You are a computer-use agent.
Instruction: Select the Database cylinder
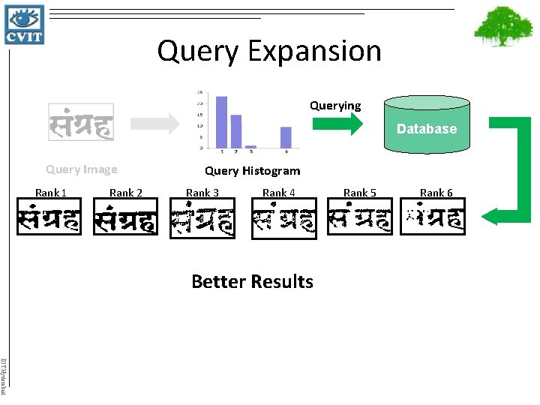(x=426, y=124)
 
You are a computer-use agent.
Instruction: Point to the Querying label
(x=335, y=106)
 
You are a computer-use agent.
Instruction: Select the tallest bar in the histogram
(x=221, y=121)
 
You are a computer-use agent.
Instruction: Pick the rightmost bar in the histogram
(x=286, y=137)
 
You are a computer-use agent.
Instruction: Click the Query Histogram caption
(x=252, y=171)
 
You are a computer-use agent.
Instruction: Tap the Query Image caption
(x=81, y=169)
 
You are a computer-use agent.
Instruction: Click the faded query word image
(x=81, y=123)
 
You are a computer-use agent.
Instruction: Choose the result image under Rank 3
(x=202, y=220)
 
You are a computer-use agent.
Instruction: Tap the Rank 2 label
(x=126, y=193)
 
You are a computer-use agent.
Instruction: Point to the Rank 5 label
(x=360, y=193)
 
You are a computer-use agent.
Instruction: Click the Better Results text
(x=252, y=281)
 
